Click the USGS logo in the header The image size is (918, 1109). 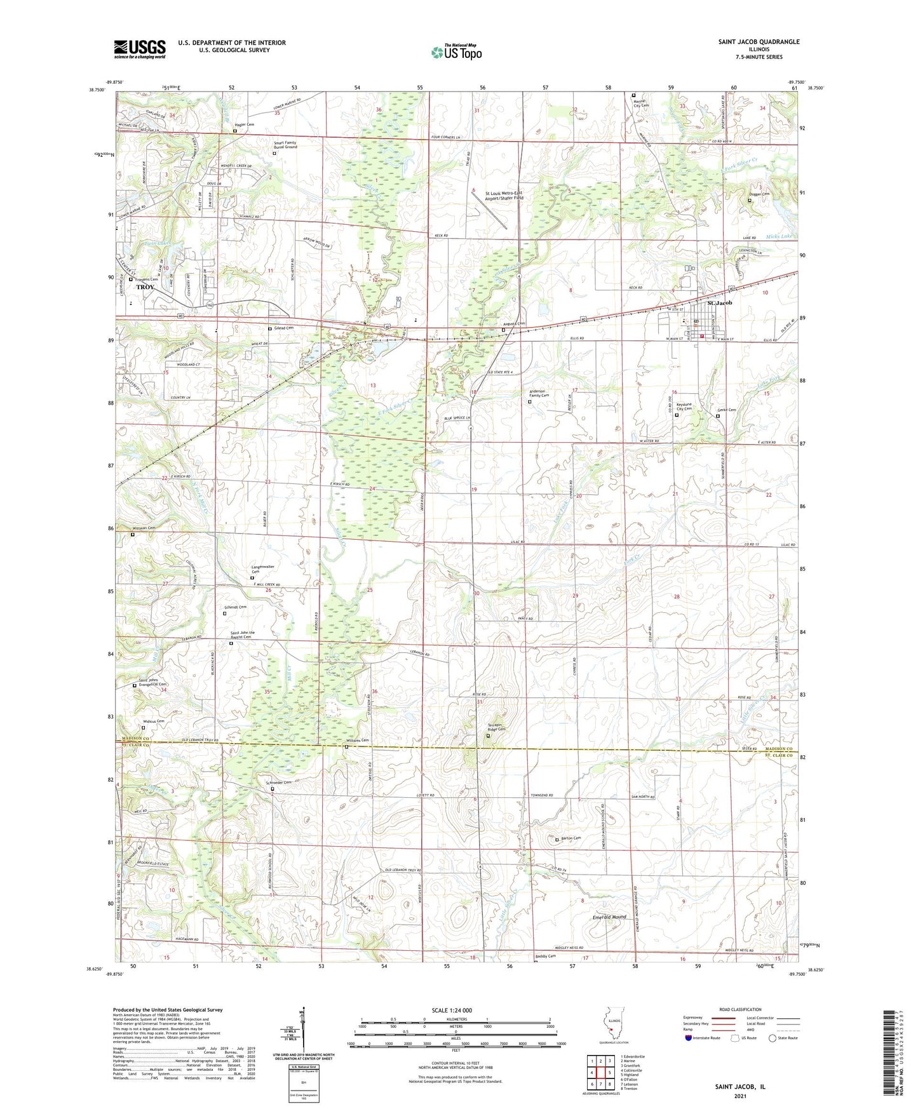[x=140, y=49]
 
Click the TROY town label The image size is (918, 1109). [x=145, y=287]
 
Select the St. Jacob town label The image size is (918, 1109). [x=715, y=303]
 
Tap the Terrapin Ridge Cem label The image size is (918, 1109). [x=492, y=729]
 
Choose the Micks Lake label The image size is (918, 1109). [x=779, y=237]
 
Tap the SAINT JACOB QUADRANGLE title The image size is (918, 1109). [x=759, y=42]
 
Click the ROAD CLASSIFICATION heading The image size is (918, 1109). [x=740, y=1009]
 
